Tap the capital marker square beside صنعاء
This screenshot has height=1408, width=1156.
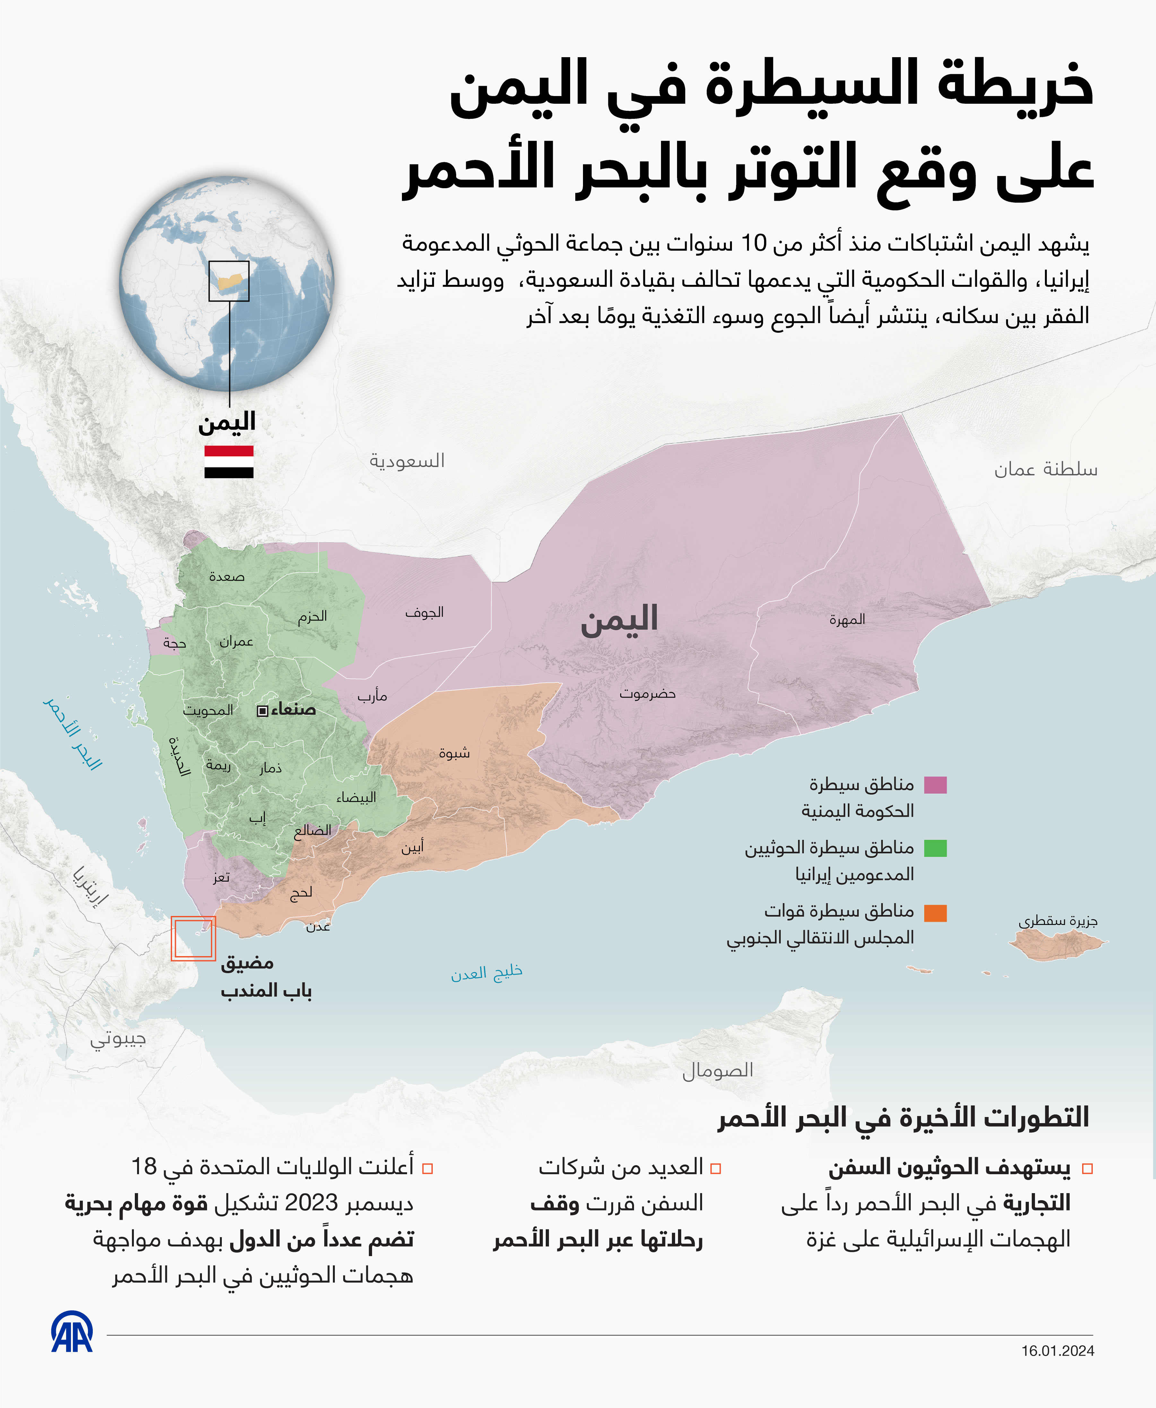click(262, 711)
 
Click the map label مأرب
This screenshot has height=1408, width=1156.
click(372, 696)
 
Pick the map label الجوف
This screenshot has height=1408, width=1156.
click(424, 612)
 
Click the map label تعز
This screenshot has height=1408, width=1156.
click(221, 878)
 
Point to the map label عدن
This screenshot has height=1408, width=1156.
click(318, 926)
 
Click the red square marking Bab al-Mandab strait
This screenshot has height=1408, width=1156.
click(193, 939)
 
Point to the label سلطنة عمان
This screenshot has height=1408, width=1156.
click(1046, 469)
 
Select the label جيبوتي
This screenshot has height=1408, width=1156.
click(118, 1039)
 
